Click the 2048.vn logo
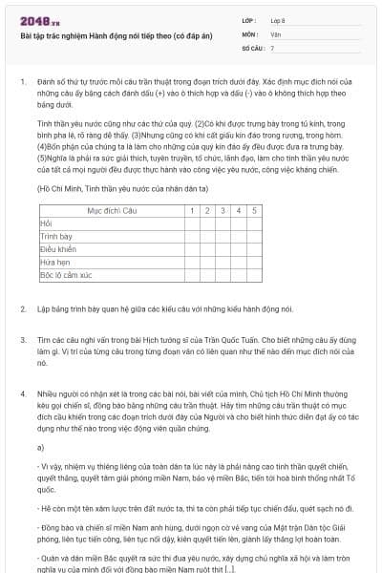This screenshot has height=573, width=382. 36,20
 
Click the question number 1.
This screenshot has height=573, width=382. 22,83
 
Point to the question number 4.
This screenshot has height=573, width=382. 22,393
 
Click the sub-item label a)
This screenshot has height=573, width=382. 41,447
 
